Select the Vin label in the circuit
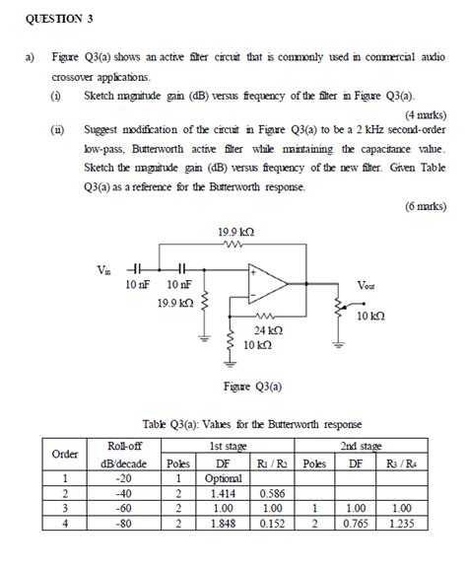[x=105, y=268]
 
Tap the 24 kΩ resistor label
[x=268, y=330]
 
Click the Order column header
[x=64, y=455]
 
